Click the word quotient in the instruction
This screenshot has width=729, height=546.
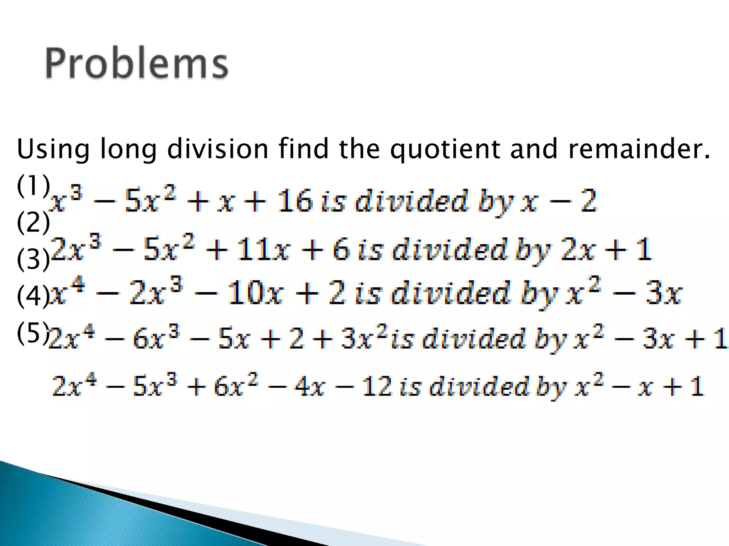click(x=446, y=149)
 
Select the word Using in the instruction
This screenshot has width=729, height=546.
click(x=53, y=149)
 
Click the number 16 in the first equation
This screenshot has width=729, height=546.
click(x=295, y=201)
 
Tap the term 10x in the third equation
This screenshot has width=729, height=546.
click(x=256, y=293)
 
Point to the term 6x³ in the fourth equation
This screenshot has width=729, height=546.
click(x=156, y=338)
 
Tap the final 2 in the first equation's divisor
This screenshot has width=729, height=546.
click(x=588, y=201)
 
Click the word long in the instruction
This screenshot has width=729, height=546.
click(x=129, y=149)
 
